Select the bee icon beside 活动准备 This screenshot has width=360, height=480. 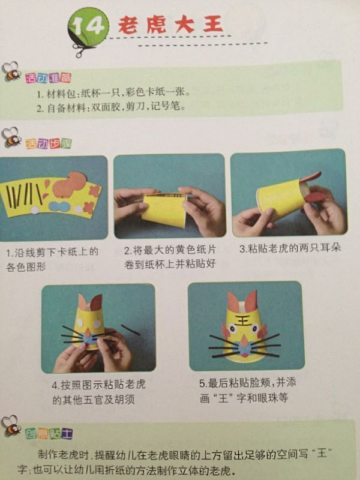coord(11,71)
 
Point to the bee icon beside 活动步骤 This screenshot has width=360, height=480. coord(11,137)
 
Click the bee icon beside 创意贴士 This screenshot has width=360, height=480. coord(11,426)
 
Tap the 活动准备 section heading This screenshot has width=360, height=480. coord(49,78)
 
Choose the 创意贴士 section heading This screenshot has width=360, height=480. coord(49,433)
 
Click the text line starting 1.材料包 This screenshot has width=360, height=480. coord(113,93)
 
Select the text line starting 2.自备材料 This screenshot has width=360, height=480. coord(111,107)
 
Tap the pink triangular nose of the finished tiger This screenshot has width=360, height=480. coord(244,340)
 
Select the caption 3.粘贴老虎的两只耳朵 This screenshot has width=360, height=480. coord(290,248)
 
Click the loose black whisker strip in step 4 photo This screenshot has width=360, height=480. coord(130,329)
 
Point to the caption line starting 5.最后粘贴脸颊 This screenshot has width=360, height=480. coord(248,383)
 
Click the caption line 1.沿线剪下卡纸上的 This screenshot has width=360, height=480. coord(52,252)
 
